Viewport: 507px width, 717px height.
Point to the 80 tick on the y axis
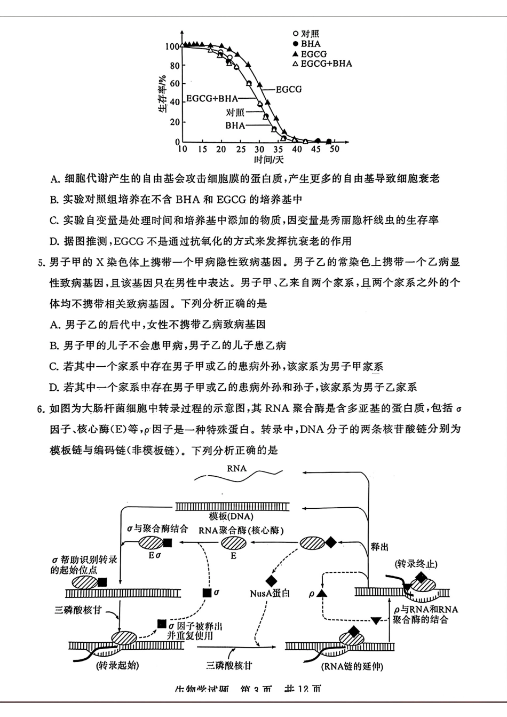tap(175, 66)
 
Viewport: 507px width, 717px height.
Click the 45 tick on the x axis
tap(316, 149)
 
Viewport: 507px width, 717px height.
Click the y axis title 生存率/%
tap(161, 96)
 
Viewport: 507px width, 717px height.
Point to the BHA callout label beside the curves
tap(235, 126)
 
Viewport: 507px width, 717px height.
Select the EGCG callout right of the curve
tap(289, 89)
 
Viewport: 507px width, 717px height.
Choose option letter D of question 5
tap(53, 388)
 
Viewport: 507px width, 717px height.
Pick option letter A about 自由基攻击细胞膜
tap(53, 178)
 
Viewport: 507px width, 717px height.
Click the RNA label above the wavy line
tap(236, 468)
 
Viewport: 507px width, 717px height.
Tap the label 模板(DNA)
tap(231, 516)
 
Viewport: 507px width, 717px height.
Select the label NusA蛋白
tap(270, 593)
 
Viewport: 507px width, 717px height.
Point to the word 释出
tap(379, 547)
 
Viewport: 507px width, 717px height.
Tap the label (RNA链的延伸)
tap(352, 667)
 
